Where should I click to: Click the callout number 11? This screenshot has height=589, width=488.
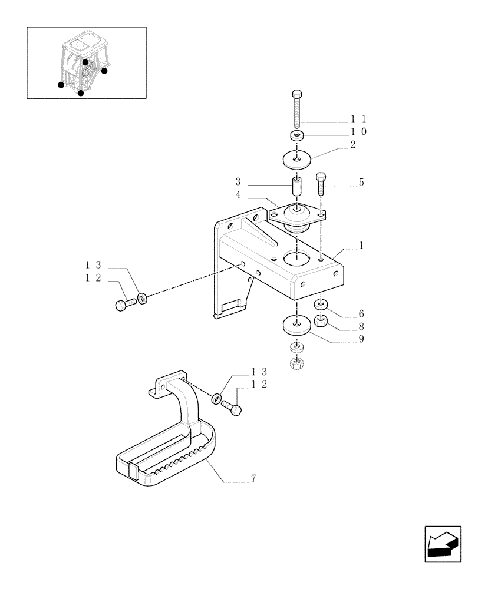pyautogui.click(x=359, y=118)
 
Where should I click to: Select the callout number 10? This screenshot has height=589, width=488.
pyautogui.click(x=359, y=132)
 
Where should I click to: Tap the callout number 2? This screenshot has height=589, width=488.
pyautogui.click(x=352, y=145)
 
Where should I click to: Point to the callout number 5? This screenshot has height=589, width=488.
pyautogui.click(x=361, y=183)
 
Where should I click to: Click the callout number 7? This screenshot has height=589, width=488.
pyautogui.click(x=253, y=479)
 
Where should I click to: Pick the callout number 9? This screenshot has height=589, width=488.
pyautogui.click(x=361, y=339)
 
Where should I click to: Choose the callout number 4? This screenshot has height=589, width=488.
pyautogui.click(x=238, y=194)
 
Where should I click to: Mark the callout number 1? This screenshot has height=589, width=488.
pyautogui.click(x=361, y=245)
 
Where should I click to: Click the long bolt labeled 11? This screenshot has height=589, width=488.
pyautogui.click(x=298, y=109)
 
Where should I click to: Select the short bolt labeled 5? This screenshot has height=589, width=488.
pyautogui.click(x=321, y=184)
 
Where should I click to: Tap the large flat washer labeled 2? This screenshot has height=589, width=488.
pyautogui.click(x=298, y=158)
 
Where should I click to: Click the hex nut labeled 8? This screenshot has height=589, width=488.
pyautogui.click(x=321, y=321)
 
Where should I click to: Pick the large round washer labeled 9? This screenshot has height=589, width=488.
pyautogui.click(x=297, y=325)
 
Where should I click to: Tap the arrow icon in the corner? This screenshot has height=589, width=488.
pyautogui.click(x=443, y=544)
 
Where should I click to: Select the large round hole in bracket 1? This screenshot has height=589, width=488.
pyautogui.click(x=296, y=257)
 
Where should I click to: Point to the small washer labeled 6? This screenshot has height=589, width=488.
pyautogui.click(x=321, y=305)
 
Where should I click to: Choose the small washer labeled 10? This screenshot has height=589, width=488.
pyautogui.click(x=298, y=137)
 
